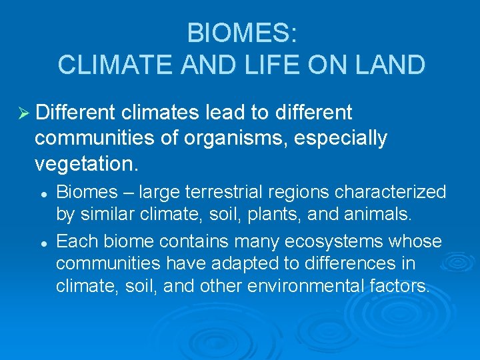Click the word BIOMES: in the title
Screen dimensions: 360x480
(241, 33)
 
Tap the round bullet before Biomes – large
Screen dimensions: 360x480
(42, 193)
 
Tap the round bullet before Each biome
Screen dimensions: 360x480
(42, 241)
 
